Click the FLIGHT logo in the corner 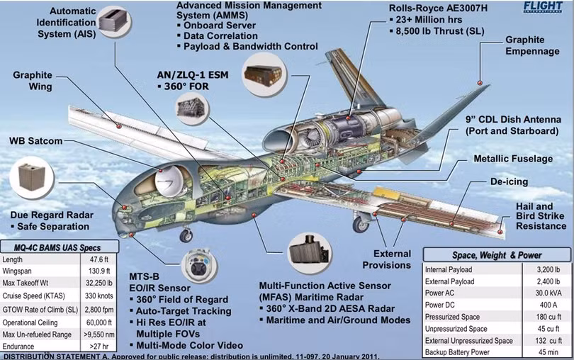pos(542,6)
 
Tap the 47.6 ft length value pos(99,259)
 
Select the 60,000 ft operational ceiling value pos(99,322)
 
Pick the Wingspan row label pos(17,271)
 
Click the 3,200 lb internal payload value pos(548,270)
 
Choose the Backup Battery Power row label pos(457,352)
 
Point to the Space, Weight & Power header pos(496,255)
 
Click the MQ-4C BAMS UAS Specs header pos(57,247)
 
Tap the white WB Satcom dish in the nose pos(169,182)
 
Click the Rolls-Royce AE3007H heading pos(438,8)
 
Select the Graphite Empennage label pos(532,45)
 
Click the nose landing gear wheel pos(186,236)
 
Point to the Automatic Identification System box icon pos(115,21)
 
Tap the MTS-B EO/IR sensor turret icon pos(199,266)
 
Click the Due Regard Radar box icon pos(32,178)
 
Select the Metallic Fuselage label pos(513,159)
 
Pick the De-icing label pos(509,181)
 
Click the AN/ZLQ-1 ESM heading pos(193,75)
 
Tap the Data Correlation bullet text pos(220,36)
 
